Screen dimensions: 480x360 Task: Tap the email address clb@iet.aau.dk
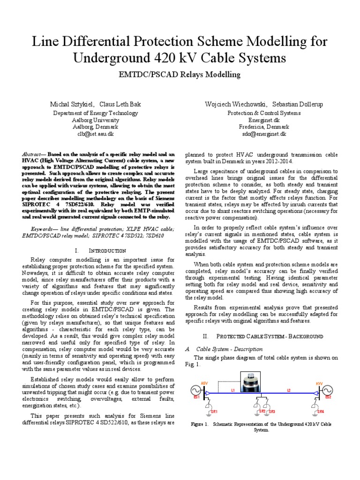click(x=95, y=134)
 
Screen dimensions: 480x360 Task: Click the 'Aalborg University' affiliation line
click(x=95, y=120)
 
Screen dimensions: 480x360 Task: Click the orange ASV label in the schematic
click(x=204, y=383)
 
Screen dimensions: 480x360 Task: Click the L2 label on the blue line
click(x=289, y=390)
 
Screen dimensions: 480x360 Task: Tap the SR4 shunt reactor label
click(x=320, y=411)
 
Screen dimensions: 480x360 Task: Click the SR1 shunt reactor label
click(x=215, y=411)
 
